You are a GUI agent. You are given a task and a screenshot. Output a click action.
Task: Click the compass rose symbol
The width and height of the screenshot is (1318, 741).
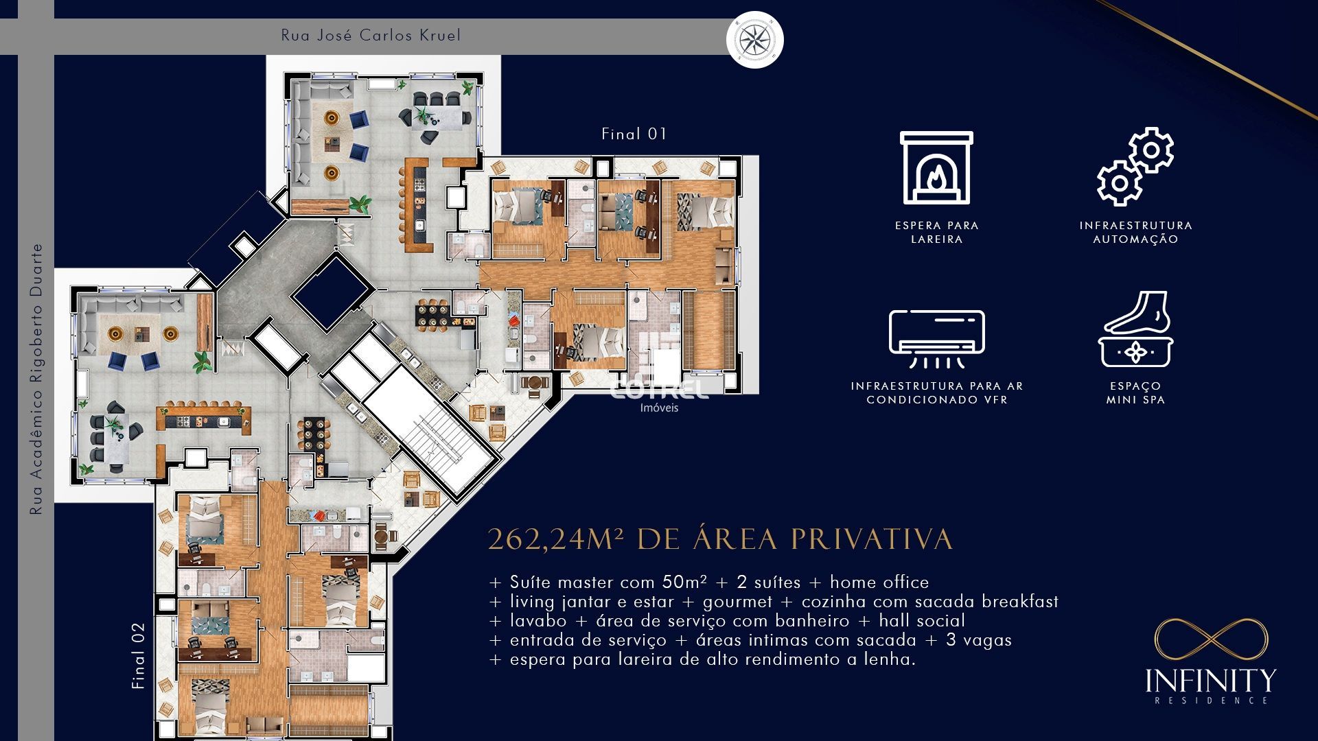(x=754, y=40)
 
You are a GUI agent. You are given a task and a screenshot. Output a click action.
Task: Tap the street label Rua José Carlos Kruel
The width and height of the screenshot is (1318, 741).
(x=371, y=36)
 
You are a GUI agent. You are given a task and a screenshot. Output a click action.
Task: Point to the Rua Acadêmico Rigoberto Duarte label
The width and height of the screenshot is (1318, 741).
(x=36, y=379)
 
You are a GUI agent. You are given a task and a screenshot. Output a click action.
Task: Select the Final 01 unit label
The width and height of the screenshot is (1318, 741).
(x=634, y=134)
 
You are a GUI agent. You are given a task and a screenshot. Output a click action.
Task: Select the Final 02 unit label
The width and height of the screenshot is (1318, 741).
(x=139, y=656)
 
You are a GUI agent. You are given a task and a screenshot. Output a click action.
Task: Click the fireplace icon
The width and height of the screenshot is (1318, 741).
(x=936, y=168)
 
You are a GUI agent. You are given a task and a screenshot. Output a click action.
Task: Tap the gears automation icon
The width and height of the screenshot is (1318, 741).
(x=1135, y=167)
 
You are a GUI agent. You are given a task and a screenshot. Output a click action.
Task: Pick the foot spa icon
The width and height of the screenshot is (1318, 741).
(x=1135, y=329)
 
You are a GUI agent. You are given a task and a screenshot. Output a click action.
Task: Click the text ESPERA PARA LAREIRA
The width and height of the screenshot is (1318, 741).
(x=936, y=232)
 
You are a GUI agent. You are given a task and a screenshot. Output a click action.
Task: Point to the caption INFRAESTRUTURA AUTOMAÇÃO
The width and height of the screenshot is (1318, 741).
(x=1135, y=232)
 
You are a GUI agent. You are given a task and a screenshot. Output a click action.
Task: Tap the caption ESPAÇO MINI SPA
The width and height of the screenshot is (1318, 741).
(x=1135, y=392)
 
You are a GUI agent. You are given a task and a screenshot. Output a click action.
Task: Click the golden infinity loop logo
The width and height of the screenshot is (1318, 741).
(x=1211, y=639)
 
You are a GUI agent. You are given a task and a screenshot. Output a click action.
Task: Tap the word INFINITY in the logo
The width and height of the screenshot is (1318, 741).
(x=1211, y=681)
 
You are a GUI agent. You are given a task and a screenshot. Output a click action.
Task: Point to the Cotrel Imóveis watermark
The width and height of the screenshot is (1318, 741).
(x=659, y=393)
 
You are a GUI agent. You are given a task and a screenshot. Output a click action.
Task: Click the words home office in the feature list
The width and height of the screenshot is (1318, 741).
(x=879, y=583)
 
